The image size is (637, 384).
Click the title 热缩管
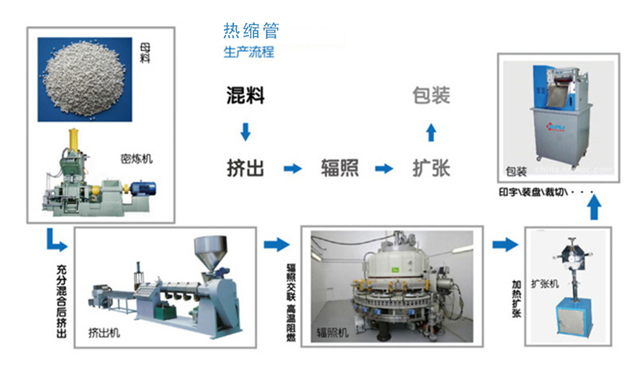point(250,31)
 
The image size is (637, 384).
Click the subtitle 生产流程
point(248,53)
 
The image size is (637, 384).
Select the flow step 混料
point(245,95)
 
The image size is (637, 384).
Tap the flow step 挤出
point(245,169)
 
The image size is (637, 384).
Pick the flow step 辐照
point(340,169)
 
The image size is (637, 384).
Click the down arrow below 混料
point(245,132)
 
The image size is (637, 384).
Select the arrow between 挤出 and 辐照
point(292,169)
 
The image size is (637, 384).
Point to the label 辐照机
point(333,333)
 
